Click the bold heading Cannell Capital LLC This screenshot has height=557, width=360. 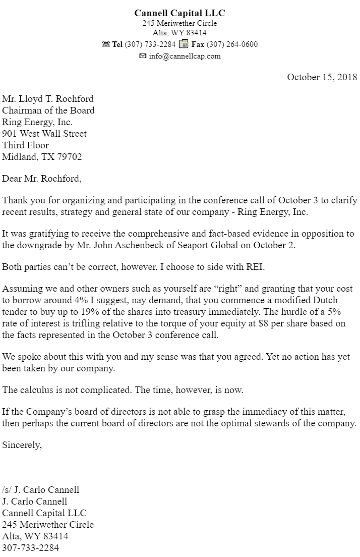point(179,13)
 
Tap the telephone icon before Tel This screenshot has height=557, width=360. point(105,44)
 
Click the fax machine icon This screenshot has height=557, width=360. point(184,44)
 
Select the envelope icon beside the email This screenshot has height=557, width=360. point(143,56)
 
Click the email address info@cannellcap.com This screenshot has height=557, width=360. point(185,56)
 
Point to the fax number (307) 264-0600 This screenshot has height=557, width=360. point(232,44)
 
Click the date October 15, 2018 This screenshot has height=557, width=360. point(322,77)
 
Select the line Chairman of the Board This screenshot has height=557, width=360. point(48,110)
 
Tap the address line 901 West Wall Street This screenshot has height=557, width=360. point(44,134)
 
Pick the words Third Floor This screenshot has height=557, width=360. point(26,145)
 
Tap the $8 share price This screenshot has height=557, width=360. point(263,324)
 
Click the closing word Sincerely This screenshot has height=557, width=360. point(22,444)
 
